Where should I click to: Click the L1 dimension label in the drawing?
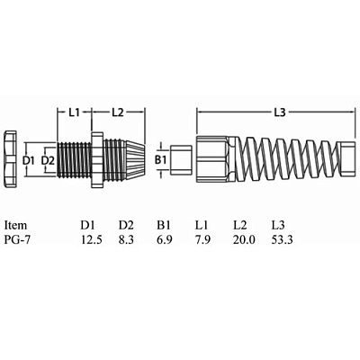click(x=74, y=112)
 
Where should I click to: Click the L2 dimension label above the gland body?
click(x=118, y=112)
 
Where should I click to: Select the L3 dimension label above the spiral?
click(x=279, y=112)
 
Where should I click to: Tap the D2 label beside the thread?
click(x=48, y=161)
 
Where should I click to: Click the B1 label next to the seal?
click(x=160, y=161)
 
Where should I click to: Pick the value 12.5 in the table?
click(x=92, y=239)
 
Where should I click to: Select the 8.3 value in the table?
click(x=126, y=239)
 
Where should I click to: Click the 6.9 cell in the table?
click(x=165, y=239)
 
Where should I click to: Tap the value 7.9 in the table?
click(x=202, y=239)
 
